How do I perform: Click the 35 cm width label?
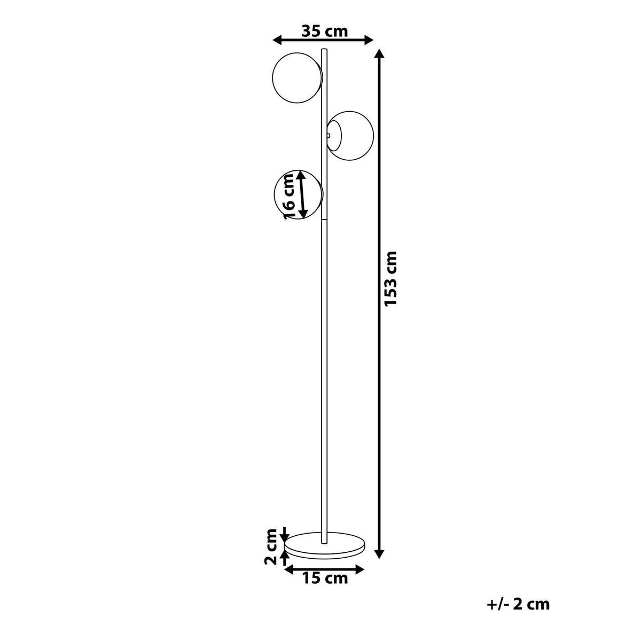324,31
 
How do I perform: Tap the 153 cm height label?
392,278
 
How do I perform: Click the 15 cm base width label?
325,578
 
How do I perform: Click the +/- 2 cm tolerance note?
518,604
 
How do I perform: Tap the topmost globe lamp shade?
297,76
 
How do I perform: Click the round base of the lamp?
325,545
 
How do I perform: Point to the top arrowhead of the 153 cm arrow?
379,53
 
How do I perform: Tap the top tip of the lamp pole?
324,50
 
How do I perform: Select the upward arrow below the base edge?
284,559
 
